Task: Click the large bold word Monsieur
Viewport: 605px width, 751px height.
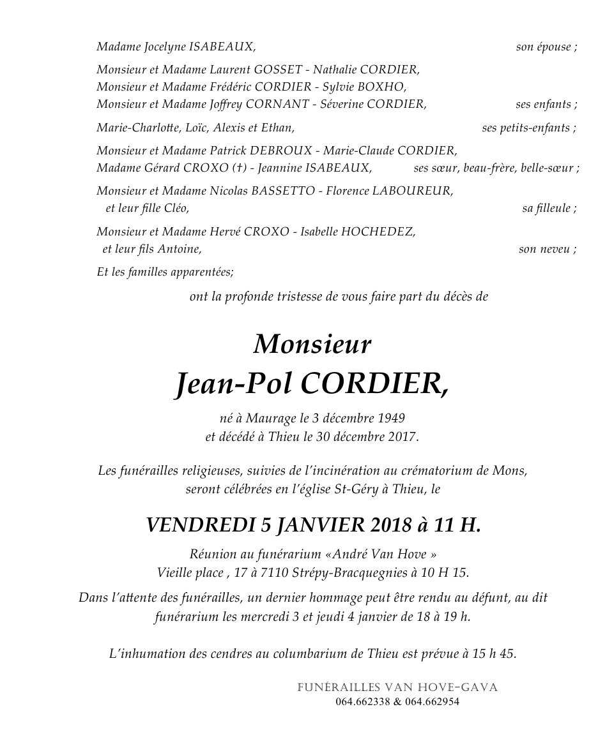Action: tap(312, 345)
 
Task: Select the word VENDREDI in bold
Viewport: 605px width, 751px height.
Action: tap(201, 525)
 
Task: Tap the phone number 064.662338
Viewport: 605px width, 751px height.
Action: tap(362, 702)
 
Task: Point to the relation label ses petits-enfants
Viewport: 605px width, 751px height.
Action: tap(527, 128)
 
